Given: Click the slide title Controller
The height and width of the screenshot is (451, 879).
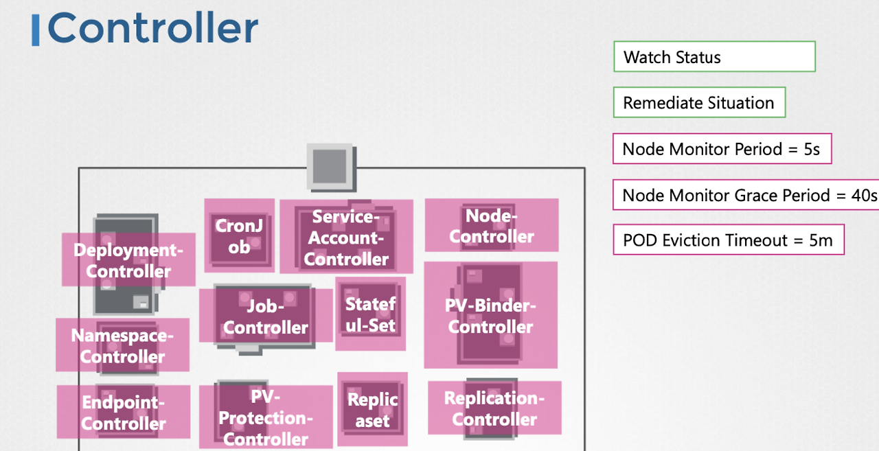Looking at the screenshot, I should coord(152,29).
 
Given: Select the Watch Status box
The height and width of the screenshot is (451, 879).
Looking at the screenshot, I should coord(714,57).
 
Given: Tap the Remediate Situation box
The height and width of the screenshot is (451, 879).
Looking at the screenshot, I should coord(698,103).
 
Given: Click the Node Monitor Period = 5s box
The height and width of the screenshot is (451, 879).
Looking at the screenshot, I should coord(721,149).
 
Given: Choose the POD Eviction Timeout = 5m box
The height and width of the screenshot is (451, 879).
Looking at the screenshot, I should coord(728,240).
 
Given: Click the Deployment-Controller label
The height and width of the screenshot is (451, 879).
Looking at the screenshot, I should coord(128,260).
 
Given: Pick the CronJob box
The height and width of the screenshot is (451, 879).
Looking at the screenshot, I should coord(239,236).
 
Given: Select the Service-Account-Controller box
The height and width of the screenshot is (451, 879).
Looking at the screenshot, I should coord(346,237).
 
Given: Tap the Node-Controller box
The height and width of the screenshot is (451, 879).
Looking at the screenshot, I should coord(492,226).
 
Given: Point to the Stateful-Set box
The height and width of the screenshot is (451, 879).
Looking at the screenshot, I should coord(370,314).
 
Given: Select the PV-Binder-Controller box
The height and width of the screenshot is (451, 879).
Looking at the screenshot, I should coord(490,316).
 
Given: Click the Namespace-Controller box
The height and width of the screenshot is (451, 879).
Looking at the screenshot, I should coord(122,345).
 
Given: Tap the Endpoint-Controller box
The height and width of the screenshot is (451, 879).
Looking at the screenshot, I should coord(124,413).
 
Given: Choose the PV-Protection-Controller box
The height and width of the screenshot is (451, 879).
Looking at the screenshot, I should coord(266,417).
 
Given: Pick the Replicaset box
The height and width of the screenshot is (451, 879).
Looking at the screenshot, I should coord(372,410).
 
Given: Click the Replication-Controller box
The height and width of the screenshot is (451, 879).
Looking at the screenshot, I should coord(494,408).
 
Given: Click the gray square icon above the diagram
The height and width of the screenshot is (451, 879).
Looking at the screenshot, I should coord(330,167).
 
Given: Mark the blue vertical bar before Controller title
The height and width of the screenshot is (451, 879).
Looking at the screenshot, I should coord(35,30).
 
